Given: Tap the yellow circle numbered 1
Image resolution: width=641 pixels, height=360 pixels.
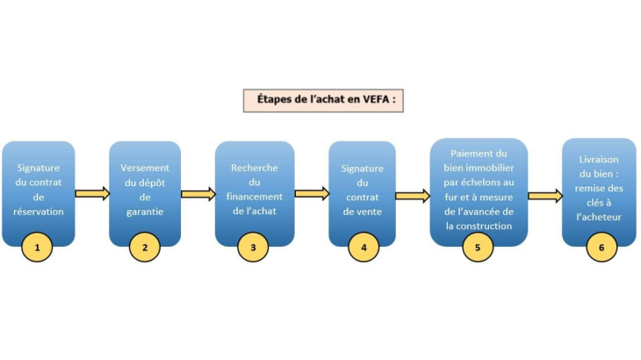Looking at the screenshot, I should click(37, 248).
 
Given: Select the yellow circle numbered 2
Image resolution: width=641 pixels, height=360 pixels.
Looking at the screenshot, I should click(144, 248).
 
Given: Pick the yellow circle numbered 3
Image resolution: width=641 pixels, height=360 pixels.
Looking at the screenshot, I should click(253, 248).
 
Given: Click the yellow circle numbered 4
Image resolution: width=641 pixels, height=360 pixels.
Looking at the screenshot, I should click(362, 248).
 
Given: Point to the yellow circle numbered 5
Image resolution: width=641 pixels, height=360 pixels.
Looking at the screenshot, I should click(478, 248).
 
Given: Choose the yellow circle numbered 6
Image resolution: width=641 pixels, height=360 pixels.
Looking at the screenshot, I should click(601, 248).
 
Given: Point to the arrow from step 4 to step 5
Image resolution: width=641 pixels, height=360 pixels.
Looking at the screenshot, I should click(412, 195).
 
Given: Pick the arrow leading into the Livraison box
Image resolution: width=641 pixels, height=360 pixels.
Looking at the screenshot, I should click(544, 196).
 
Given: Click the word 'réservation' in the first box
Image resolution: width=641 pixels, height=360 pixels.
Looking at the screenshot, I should click(39, 211).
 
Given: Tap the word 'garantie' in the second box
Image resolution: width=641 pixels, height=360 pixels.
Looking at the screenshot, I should click(145, 211).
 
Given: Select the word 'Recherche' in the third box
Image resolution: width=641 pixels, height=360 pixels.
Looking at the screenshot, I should click(254, 166).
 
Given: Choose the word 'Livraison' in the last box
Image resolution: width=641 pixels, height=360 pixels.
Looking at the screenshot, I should click(600, 160).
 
